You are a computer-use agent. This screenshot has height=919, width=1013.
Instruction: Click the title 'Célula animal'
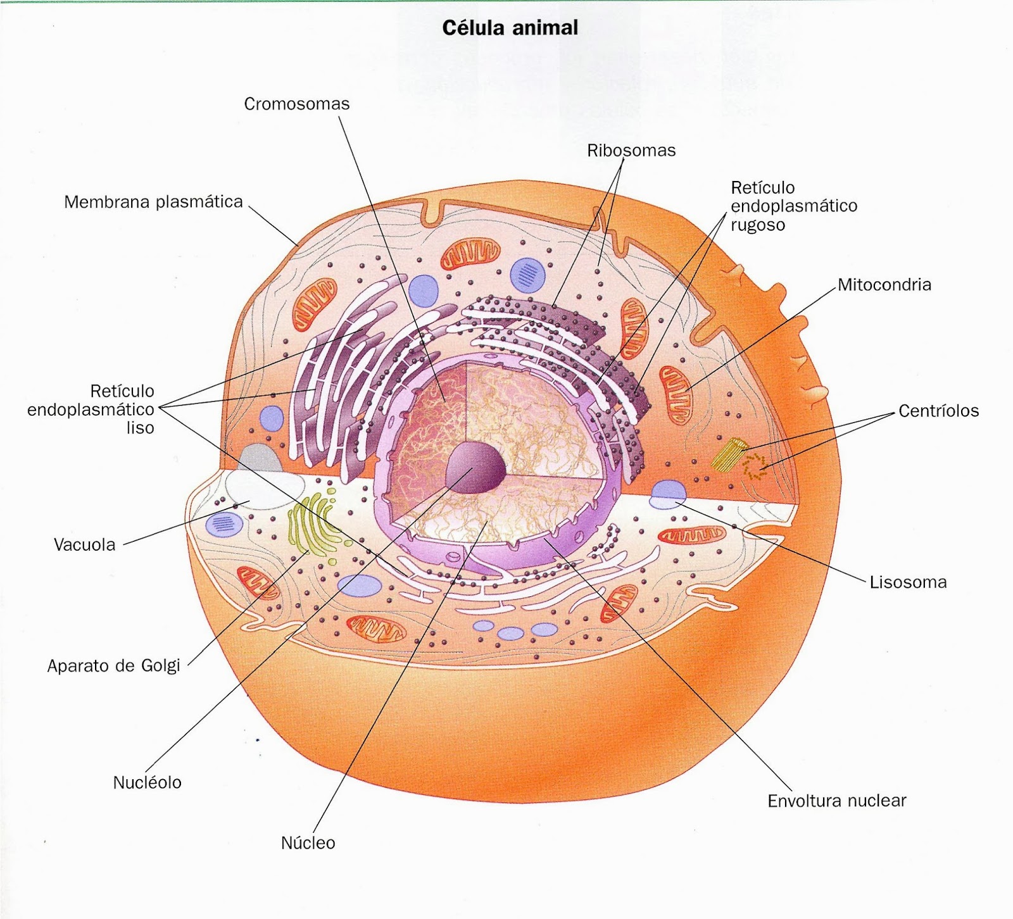(x=510, y=28)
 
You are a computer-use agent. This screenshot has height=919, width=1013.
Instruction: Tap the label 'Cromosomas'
(x=296, y=104)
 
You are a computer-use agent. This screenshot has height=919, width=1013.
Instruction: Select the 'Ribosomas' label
(x=631, y=151)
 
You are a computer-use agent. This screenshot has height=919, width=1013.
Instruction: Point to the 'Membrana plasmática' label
(x=153, y=202)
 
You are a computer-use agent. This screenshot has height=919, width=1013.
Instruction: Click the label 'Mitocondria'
(x=884, y=285)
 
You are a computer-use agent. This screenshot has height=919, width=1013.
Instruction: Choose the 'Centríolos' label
(x=938, y=411)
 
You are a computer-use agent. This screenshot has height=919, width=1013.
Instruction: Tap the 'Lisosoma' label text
(x=908, y=582)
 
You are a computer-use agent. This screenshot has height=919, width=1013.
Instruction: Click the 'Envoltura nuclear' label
(x=836, y=801)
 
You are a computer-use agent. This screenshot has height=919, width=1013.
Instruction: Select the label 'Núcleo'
(x=308, y=843)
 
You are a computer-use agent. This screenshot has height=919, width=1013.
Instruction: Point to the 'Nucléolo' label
(x=147, y=783)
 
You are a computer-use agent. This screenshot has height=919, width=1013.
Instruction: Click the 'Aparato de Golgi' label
(x=114, y=666)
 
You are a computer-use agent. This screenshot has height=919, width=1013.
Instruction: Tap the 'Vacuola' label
(x=85, y=545)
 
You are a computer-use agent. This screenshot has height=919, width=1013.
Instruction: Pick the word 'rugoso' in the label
(x=758, y=225)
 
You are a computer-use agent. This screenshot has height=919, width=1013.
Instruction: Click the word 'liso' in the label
(x=140, y=428)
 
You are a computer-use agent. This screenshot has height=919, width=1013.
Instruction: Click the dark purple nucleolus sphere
(x=475, y=467)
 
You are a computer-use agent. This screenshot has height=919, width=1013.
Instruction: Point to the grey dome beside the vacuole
(x=260, y=458)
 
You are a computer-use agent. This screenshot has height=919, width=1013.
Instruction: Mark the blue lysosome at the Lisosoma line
(x=668, y=494)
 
